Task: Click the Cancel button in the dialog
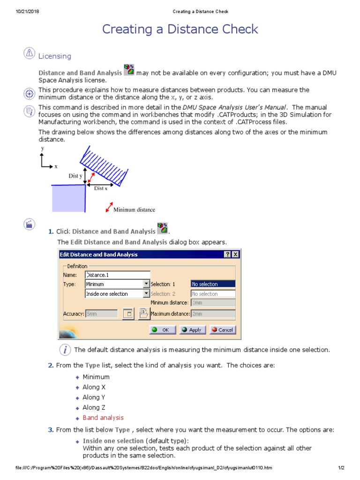point(222,330)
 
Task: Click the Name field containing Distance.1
point(117,275)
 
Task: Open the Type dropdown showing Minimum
point(146,284)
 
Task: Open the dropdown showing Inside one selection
point(146,294)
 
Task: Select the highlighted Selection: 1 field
point(213,284)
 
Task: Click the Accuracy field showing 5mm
point(101,314)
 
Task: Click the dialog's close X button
point(235,255)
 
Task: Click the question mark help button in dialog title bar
point(227,255)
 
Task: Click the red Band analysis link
point(103,418)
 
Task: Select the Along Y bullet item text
point(94,397)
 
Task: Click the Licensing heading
point(55,56)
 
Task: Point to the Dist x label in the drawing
point(101,188)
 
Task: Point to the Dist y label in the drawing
point(75,176)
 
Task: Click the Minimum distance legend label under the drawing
point(134,210)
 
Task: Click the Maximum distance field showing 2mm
point(213,314)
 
